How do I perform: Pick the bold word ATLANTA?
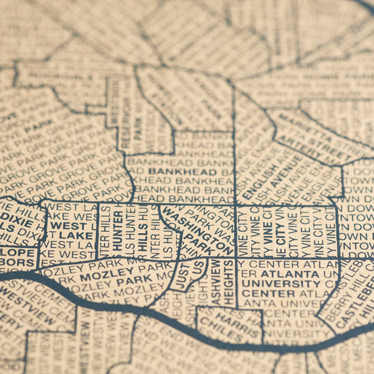click(289, 273)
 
